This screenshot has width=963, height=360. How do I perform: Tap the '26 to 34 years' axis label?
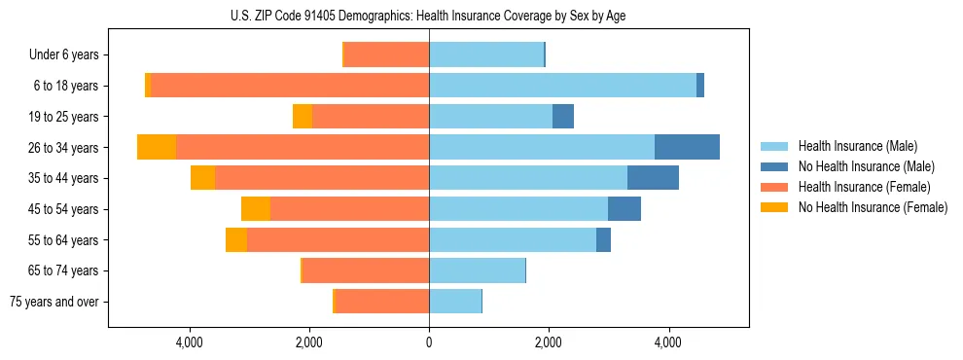(64, 148)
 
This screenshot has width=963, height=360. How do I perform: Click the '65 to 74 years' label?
(64, 270)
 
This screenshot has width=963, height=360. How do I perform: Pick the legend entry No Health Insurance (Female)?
(873, 207)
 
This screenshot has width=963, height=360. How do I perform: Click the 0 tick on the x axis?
(429, 342)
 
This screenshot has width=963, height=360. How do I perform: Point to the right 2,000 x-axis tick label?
(549, 342)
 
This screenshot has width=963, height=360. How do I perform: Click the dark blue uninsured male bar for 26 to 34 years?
(687, 147)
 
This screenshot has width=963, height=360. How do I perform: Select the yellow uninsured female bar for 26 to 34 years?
(157, 147)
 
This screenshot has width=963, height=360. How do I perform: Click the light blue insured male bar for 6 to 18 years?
(562, 86)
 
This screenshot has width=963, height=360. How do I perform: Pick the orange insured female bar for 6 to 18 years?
(290, 86)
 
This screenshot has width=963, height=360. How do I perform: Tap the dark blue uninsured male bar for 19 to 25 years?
(563, 117)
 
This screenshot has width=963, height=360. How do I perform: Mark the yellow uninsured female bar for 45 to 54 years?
(256, 209)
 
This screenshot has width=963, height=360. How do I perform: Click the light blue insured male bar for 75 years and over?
(455, 302)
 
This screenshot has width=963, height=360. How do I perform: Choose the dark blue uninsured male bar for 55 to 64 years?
(603, 239)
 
